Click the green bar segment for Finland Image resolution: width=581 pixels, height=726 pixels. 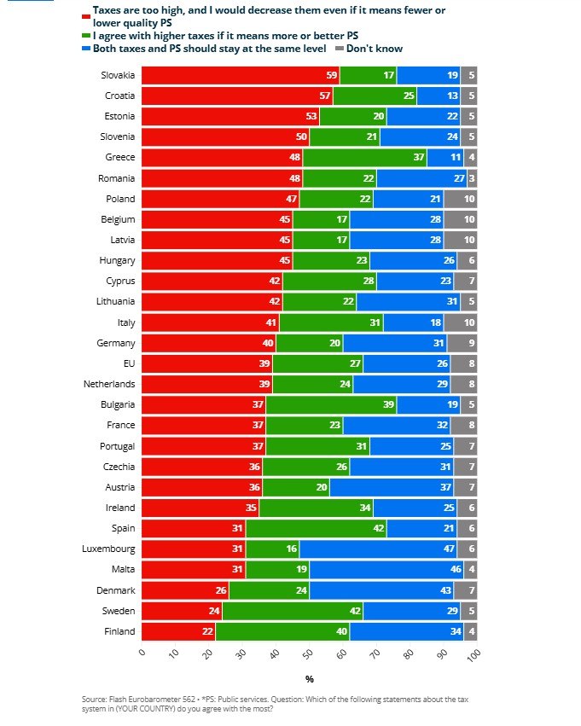pyautogui.click(x=282, y=631)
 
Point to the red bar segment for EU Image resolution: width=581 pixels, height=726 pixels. pyautogui.click(x=206, y=363)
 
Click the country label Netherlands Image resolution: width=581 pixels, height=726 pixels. pyautogui.click(x=110, y=384)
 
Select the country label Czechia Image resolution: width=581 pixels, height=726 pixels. pyautogui.click(x=118, y=467)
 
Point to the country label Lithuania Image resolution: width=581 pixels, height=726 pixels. pyautogui.click(x=115, y=302)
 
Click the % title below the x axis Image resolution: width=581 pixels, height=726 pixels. pyautogui.click(x=309, y=679)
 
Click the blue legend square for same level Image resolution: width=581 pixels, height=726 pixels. pyautogui.click(x=86, y=49)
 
